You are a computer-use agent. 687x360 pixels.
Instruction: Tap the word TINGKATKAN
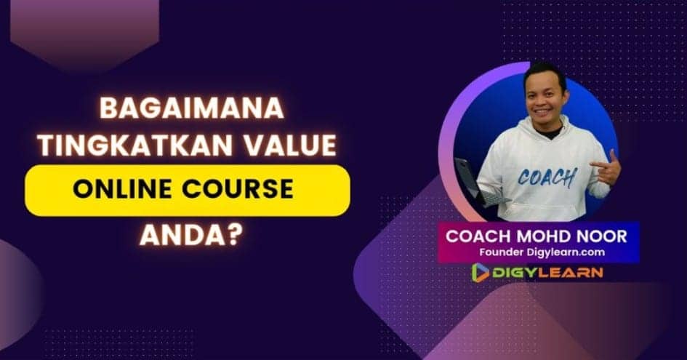coord(135,145)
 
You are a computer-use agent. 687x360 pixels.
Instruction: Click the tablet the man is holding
coord(476,183)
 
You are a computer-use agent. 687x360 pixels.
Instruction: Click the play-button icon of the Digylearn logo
coord(481,273)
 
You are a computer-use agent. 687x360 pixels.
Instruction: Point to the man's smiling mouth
coord(542,111)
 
